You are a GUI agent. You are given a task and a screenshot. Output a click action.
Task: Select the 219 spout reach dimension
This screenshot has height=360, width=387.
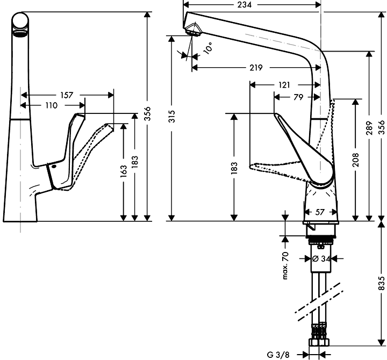(x=256, y=68)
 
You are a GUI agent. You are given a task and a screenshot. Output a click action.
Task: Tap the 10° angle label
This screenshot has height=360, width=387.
(x=207, y=48)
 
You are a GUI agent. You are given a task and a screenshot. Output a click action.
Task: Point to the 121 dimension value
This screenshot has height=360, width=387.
(x=284, y=85)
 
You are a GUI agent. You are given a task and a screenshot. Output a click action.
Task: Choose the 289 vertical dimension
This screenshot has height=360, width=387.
(x=370, y=129)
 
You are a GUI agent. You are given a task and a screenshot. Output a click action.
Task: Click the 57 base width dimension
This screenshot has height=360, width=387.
(x=319, y=212)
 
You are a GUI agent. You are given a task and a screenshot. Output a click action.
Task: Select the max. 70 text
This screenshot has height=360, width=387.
(x=285, y=265)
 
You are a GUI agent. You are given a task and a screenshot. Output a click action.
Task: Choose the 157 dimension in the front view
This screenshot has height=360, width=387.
(x=67, y=95)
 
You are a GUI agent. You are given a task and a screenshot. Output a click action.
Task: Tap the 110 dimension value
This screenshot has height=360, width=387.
(x=51, y=105)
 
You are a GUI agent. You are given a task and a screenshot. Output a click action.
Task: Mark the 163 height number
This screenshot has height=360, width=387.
(x=124, y=171)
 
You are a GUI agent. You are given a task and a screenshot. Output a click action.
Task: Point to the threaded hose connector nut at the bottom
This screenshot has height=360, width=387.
(x=320, y=341)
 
